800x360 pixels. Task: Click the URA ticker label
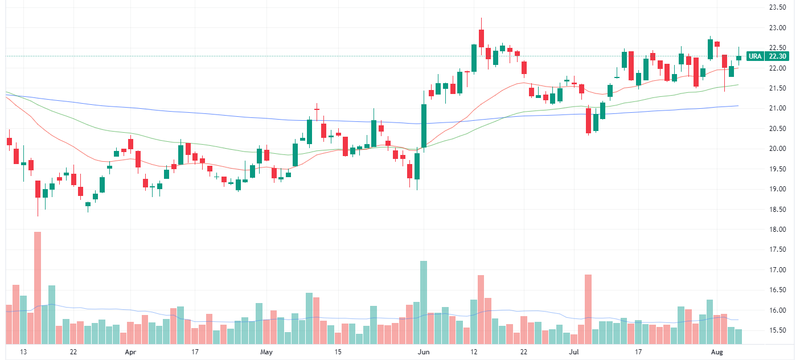pyautogui.click(x=755, y=56)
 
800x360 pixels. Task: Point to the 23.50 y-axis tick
pyautogui.click(x=777, y=7)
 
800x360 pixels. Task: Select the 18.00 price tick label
pyautogui.click(x=777, y=230)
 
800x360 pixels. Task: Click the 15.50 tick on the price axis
pyautogui.click(x=777, y=330)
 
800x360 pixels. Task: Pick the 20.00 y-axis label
pyautogui.click(x=777, y=149)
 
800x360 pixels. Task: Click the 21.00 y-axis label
pyautogui.click(x=777, y=108)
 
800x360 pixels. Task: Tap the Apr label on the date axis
pyautogui.click(x=130, y=352)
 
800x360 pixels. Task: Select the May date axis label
pyautogui.click(x=266, y=352)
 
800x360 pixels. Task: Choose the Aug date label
pyautogui.click(x=717, y=352)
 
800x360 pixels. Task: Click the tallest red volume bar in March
pyautogui.click(x=38, y=288)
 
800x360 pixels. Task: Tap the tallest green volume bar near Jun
pyautogui.click(x=424, y=302)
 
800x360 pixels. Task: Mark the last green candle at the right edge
pyautogui.click(x=739, y=58)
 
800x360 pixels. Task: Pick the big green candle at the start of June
pyautogui.click(x=424, y=126)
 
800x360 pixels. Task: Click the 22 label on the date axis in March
pyautogui.click(x=73, y=352)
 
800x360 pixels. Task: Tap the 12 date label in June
pyautogui.click(x=474, y=352)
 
